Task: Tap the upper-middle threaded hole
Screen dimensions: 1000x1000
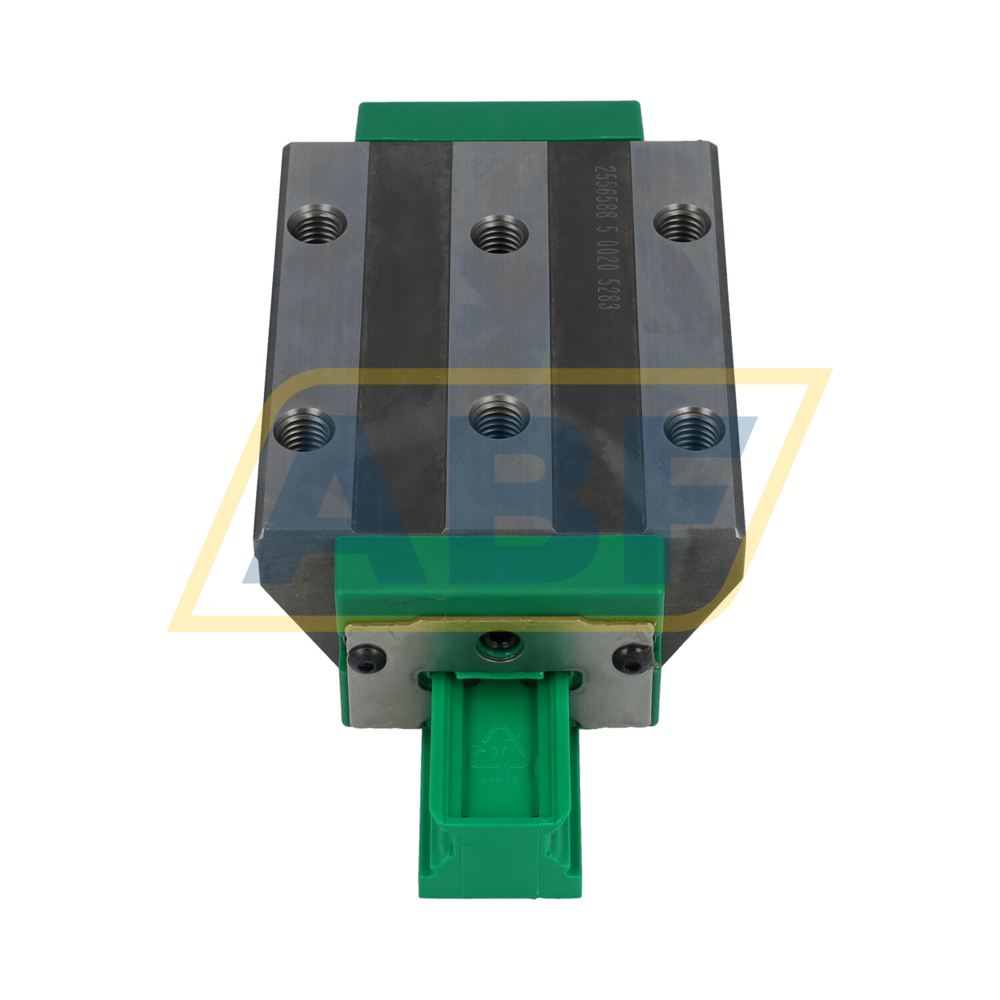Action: pos(499,235)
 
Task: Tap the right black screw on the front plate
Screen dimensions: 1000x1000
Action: pos(629,657)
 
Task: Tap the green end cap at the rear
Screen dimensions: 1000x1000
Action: pos(500,121)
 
